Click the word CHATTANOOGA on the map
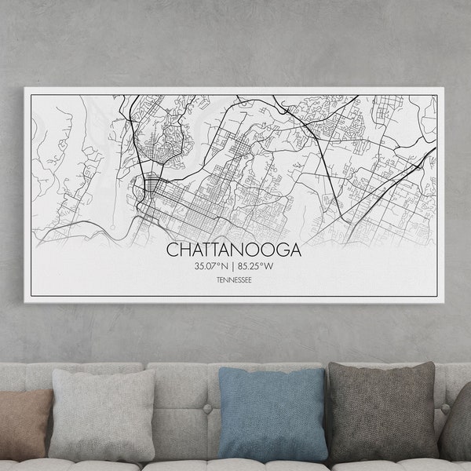[x=234, y=250]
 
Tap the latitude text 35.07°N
[x=214, y=267]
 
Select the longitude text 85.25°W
[x=254, y=267]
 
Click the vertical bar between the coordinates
[x=234, y=267]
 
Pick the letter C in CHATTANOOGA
[x=172, y=250]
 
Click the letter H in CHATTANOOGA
[x=184, y=250]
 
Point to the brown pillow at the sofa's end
[x=24, y=424]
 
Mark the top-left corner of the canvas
[x=25, y=87]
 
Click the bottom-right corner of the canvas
[x=444, y=303]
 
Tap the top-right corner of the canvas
[x=444, y=88]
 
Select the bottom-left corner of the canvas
[x=25, y=302]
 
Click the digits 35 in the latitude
[x=200, y=267]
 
